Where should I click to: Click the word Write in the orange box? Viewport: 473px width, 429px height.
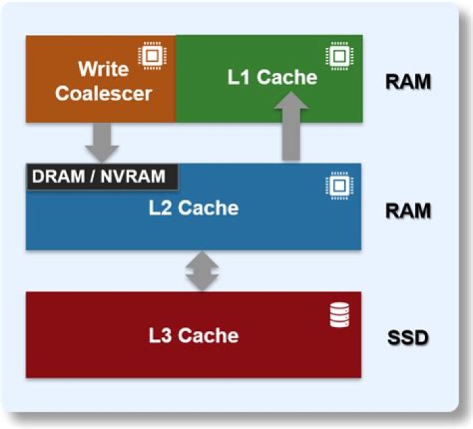point(104,69)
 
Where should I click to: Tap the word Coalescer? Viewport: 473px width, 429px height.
point(103,93)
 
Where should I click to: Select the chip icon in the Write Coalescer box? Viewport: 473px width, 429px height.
point(152,56)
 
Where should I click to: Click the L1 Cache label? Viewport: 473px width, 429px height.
point(272,77)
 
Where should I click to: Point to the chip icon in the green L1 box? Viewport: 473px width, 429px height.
point(340,56)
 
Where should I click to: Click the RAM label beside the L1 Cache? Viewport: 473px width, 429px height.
point(408,81)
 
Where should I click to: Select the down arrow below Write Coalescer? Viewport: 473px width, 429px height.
point(102,143)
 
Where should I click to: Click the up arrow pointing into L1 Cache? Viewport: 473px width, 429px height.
point(292,126)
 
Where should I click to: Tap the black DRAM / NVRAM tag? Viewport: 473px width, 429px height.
point(102,177)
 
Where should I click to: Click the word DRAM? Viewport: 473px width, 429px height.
point(58,177)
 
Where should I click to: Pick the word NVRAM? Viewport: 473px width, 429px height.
point(133,177)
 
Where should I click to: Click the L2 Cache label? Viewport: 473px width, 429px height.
point(194,208)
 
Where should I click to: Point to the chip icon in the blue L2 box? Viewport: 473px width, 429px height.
point(340,185)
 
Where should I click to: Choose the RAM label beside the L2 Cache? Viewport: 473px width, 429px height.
point(408,211)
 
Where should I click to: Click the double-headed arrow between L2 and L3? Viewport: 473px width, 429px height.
point(202,271)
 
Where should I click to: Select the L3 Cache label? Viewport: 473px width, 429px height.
point(194,336)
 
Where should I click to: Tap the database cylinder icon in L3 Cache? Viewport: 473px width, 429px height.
point(340,315)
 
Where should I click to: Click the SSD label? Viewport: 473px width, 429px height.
point(408,338)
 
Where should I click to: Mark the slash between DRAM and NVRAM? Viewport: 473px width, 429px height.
point(93,177)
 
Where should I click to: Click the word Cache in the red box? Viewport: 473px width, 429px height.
point(208,336)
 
